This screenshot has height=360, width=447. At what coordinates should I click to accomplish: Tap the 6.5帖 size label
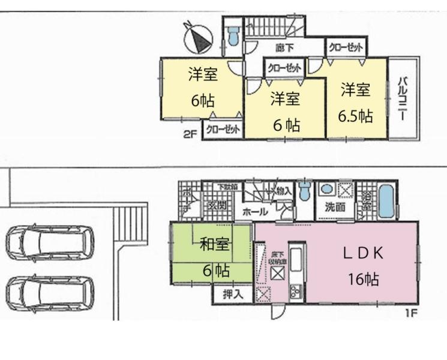354,116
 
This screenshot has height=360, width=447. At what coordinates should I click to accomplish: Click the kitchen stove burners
296,292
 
